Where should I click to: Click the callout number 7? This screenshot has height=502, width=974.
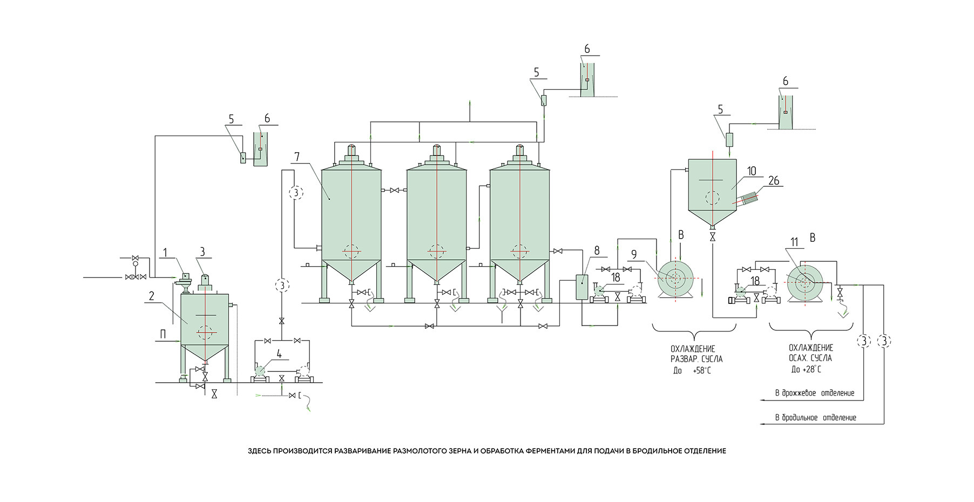(x=297, y=157)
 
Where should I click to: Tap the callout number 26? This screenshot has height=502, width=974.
(x=774, y=180)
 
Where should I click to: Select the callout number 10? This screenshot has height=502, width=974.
(x=752, y=171)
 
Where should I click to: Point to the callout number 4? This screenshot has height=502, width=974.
(x=279, y=354)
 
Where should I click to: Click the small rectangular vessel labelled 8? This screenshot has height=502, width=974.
(x=581, y=287)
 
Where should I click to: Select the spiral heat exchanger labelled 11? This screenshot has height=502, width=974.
(x=804, y=281)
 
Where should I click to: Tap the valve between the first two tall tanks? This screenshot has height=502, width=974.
(x=394, y=191)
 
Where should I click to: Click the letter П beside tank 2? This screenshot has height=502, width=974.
(x=163, y=335)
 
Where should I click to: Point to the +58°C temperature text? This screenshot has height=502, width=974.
(x=702, y=371)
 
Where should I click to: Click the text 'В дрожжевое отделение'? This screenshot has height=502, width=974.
(x=815, y=393)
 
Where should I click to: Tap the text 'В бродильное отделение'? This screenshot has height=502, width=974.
(x=815, y=418)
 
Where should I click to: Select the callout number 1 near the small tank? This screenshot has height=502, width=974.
(x=166, y=253)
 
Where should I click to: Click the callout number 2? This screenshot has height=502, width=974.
(x=152, y=296)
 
